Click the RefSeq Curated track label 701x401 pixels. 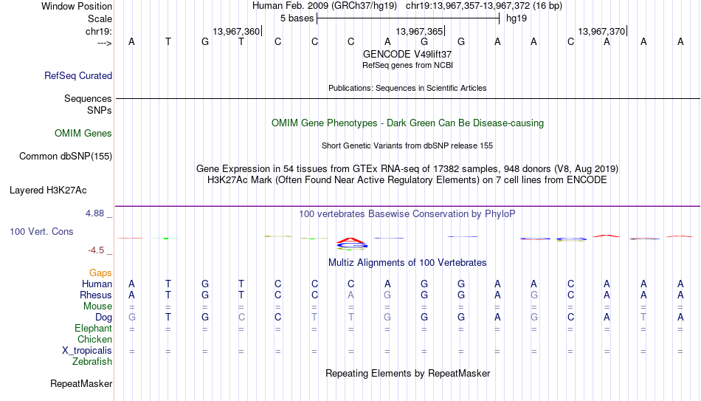click(x=78, y=75)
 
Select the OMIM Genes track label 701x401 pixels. click(x=83, y=134)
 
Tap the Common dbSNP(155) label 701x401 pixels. click(x=66, y=157)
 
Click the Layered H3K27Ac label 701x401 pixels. click(x=48, y=191)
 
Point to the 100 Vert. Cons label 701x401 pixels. click(x=41, y=231)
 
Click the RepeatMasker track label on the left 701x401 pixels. click(x=81, y=383)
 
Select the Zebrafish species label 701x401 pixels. click(x=92, y=361)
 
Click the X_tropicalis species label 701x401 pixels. click(x=87, y=351)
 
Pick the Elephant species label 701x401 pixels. click(x=93, y=328)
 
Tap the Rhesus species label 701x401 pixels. click(x=96, y=295)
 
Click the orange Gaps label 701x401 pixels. click(x=100, y=273)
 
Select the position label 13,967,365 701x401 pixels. click(x=419, y=31)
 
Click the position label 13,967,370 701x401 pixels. click(x=601, y=31)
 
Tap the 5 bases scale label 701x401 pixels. click(x=297, y=18)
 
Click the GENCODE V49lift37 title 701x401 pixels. click(x=407, y=54)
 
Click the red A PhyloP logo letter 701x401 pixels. click(x=350, y=241)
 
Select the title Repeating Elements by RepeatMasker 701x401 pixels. click(x=408, y=373)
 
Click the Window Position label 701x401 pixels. click(x=77, y=6)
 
